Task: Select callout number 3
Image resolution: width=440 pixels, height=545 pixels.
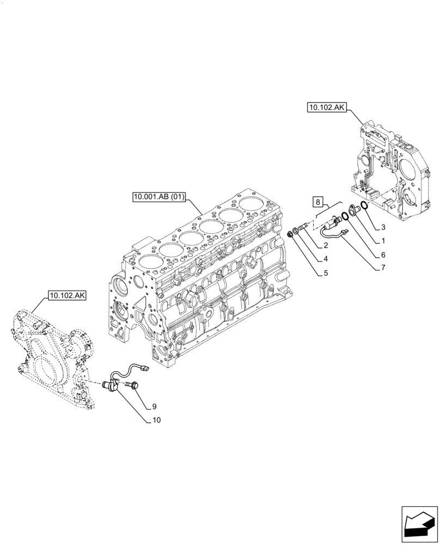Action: pos(383,227)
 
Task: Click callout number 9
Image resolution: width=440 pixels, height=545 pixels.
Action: pos(155,406)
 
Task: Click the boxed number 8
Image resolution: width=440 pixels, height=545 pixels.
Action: pos(317,203)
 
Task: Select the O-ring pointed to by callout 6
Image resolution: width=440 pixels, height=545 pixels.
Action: pos(345,215)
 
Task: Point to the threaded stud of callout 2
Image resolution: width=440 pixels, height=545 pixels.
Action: pos(304,225)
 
